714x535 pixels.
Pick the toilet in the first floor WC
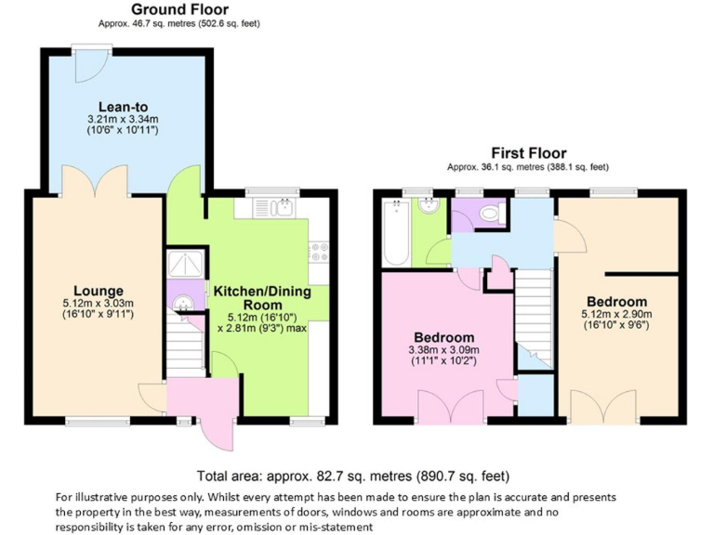[x=491, y=214]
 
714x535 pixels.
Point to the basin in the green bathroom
[x=430, y=207]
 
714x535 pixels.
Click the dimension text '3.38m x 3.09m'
[x=443, y=349]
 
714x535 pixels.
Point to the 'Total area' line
[x=354, y=476]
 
